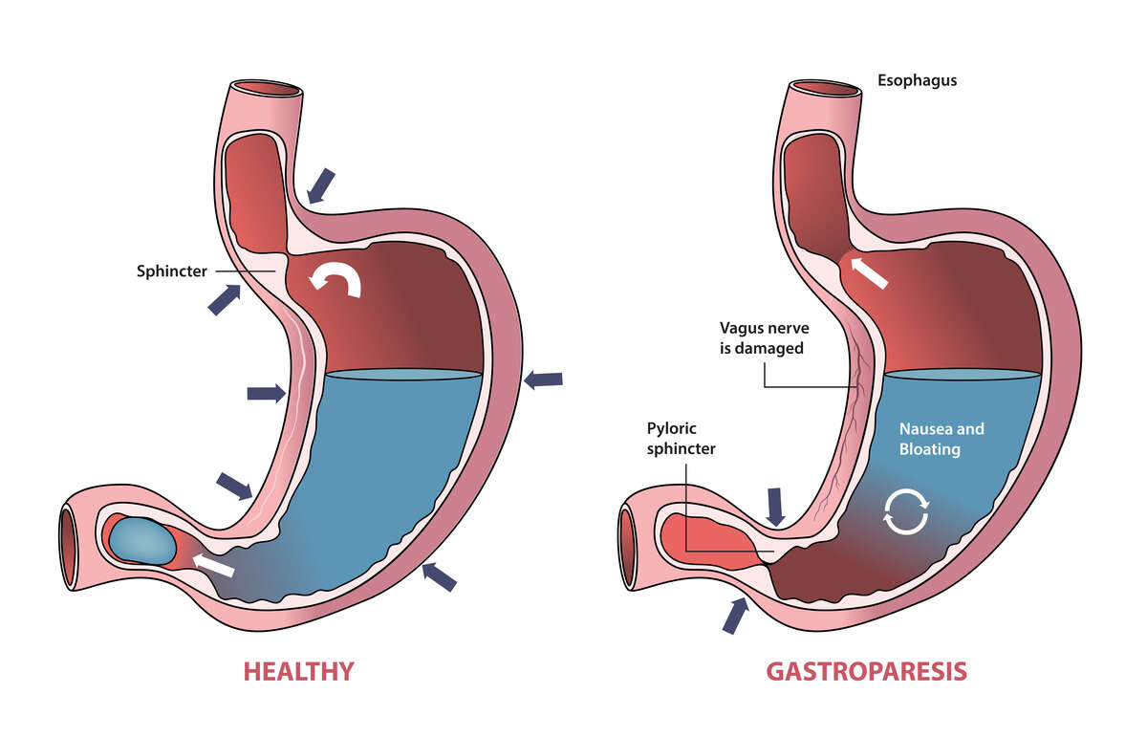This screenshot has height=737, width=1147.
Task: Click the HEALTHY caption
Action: (x=298, y=671)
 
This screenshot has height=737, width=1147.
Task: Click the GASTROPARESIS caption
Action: (x=866, y=671)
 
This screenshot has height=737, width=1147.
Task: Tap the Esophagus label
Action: (x=917, y=80)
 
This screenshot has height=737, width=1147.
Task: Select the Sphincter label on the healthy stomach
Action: (x=171, y=271)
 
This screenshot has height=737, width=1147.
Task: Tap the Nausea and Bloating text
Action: (x=941, y=439)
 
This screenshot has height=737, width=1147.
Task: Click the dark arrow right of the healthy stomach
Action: (x=543, y=379)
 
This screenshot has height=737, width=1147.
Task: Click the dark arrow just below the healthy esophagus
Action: (x=321, y=185)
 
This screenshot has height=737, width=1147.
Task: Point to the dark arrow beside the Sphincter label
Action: (x=224, y=298)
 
